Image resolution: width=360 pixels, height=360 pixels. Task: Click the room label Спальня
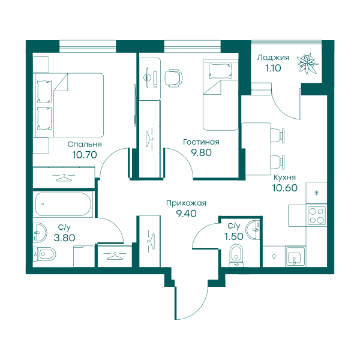pos(85,144)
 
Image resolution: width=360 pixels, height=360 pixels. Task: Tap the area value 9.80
pos(202,152)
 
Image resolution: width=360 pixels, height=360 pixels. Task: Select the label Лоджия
pos(273,58)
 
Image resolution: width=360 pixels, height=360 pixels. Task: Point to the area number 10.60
pos(284,188)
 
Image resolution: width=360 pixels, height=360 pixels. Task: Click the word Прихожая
pos(186,203)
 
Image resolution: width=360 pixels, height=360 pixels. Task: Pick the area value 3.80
pos(64,238)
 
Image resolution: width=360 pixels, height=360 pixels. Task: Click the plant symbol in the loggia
pos(308,64)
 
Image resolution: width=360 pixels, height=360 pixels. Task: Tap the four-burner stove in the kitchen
pos(317,215)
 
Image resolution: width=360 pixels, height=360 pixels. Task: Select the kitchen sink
pos(295,257)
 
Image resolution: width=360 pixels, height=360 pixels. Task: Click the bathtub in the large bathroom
pos(64,205)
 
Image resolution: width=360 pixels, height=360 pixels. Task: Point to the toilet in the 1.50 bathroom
pos(236,256)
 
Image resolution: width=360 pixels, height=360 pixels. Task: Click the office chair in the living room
pos(173,78)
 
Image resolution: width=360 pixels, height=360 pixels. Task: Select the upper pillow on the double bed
pos(45,92)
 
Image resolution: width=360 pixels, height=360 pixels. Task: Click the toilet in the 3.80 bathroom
pos(44,254)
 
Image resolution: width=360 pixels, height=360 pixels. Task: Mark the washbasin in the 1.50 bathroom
pos(253,230)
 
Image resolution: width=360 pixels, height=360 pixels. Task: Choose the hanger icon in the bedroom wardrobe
pos(64,177)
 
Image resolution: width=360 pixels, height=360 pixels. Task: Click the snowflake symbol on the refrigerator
pos(317,193)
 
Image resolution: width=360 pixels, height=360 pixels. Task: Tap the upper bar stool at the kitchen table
pos(278,136)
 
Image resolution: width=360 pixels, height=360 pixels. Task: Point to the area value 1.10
pos(273,68)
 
